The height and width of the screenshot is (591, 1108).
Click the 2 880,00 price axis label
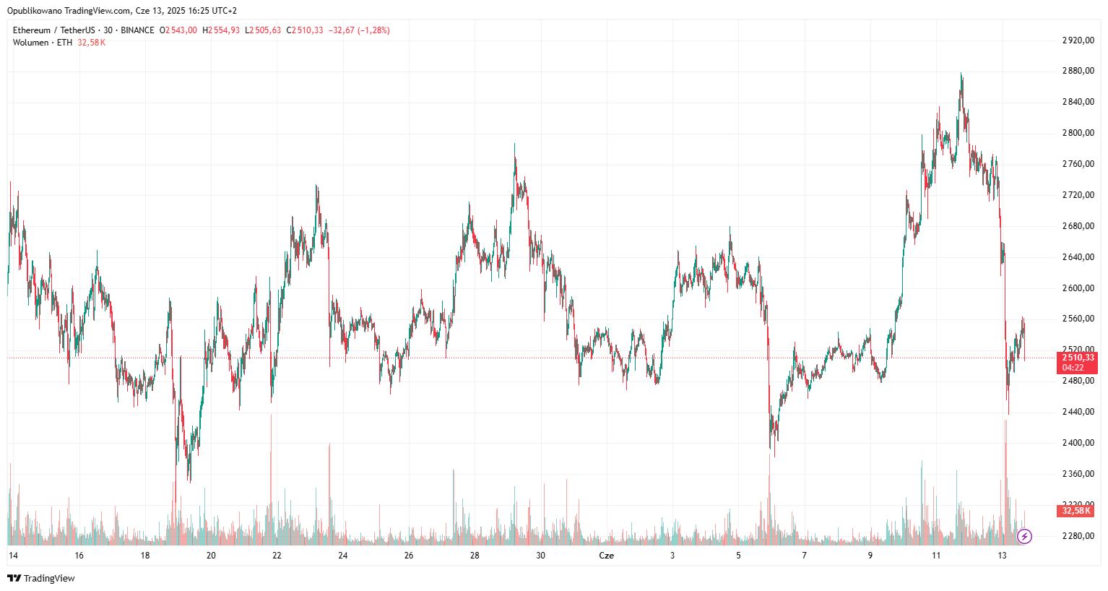[x=1078, y=71]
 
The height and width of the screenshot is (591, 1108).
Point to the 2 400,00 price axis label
[x=1078, y=443]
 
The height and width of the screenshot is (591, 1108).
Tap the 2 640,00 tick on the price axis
[x=1078, y=257]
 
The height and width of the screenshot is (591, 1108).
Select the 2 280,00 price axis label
[x=1078, y=536]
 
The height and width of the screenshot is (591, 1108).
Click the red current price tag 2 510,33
[x=1078, y=358]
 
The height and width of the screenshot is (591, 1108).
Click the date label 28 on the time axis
[x=475, y=556]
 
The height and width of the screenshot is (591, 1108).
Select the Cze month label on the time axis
[x=607, y=556]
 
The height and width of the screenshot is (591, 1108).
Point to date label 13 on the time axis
[x=1002, y=556]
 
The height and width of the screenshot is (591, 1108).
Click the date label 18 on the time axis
[x=145, y=556]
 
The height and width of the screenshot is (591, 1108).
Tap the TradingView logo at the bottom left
[x=41, y=578]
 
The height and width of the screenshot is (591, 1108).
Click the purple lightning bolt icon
[x=1024, y=536]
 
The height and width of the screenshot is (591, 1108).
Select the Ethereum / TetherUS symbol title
[x=53, y=30]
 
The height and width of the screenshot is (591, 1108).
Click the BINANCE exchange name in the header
[x=137, y=30]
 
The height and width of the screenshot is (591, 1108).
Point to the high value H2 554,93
[x=221, y=30]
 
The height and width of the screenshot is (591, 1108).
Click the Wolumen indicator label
[x=30, y=43]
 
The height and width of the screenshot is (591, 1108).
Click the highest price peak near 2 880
[x=961, y=73]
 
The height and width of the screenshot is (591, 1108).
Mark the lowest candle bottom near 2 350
[x=189, y=481]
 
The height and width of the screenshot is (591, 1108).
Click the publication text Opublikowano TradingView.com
[x=69, y=11]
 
